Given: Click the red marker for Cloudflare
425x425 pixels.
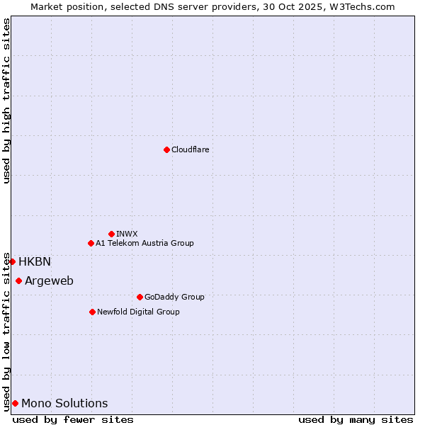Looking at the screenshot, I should pos(166,149).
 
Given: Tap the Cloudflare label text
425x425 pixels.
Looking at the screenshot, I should pos(190,149).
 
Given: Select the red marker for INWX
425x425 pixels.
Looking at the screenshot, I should pos(111,234).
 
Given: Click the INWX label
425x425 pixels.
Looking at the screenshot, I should pos(127,234).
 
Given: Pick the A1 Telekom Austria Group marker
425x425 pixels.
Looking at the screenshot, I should pos(91,243).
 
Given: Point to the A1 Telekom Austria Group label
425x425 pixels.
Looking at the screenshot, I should pos(144,243).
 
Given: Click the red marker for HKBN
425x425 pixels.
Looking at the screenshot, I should pos(12,261).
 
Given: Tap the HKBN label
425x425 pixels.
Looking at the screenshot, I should pos(35,261).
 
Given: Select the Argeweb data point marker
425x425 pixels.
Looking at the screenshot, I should pos(18,280).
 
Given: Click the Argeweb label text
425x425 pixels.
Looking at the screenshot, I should pos(49,280).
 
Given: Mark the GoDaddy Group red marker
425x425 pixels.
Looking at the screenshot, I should pos(140,297).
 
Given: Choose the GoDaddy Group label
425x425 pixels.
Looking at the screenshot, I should pos(174,297).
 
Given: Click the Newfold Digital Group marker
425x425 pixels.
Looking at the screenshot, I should pos(92,312).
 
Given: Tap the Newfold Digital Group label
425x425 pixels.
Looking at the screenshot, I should pos(138,312).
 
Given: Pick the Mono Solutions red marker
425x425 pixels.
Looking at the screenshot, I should pos(15,403).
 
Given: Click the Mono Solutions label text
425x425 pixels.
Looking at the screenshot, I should pos(64,403).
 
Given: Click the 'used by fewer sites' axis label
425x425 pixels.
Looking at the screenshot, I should pos(73,419).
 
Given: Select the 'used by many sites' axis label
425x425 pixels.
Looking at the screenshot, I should pos(356,419).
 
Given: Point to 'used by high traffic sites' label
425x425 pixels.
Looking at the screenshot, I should pos(6,101).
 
